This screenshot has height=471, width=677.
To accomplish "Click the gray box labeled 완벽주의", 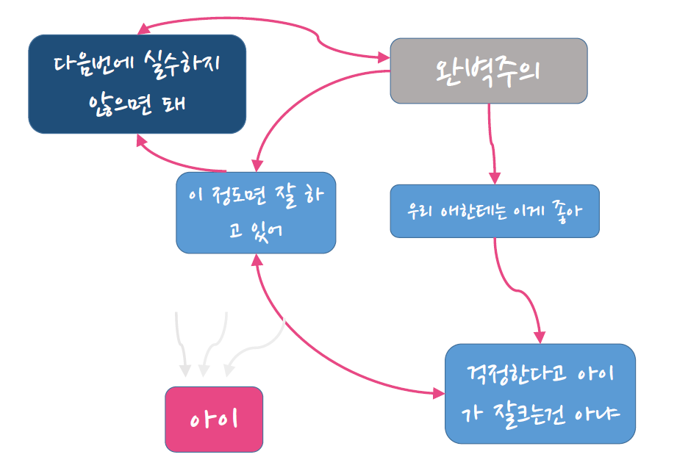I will coord(488,71).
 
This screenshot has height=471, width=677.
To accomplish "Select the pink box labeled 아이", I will coord(213,419).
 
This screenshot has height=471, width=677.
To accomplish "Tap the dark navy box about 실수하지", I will coord(137,84).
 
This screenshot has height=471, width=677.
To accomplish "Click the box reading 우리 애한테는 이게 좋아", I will coord(495,211).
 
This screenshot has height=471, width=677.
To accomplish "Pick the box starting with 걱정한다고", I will coord(540,393).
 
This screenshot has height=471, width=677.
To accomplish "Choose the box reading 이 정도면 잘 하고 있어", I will coord(256,212).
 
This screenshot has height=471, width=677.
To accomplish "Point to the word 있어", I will coord(265,230).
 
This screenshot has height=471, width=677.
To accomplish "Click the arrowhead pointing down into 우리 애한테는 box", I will coord(495,178).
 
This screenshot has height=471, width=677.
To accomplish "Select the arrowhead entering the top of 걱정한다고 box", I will coord(540,337).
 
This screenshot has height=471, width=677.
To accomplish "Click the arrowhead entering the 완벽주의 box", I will coord(383,56).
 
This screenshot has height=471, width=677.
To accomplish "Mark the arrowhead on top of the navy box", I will coord(143,29).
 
